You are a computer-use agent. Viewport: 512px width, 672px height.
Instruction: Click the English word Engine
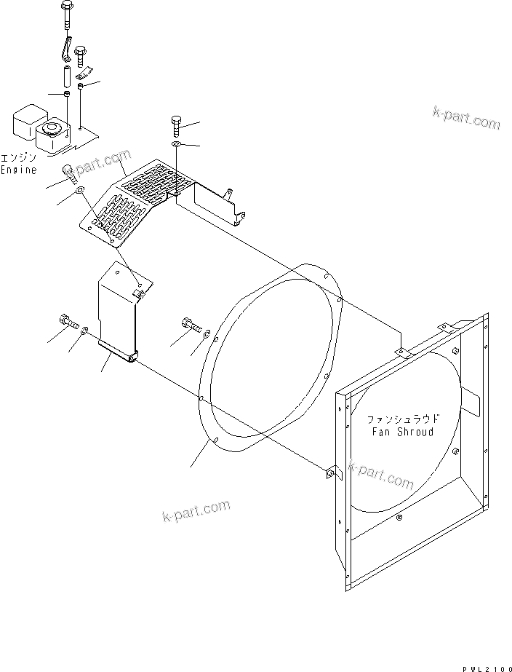(18, 169)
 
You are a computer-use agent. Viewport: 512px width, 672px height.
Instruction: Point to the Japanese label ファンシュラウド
(403, 419)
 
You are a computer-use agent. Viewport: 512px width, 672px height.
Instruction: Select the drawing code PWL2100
(486, 667)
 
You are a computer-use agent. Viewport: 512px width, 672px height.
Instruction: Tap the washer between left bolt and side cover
(86, 331)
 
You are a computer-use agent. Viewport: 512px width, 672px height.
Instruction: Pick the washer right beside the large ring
(207, 334)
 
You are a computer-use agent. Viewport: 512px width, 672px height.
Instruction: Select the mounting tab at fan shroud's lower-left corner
(331, 474)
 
